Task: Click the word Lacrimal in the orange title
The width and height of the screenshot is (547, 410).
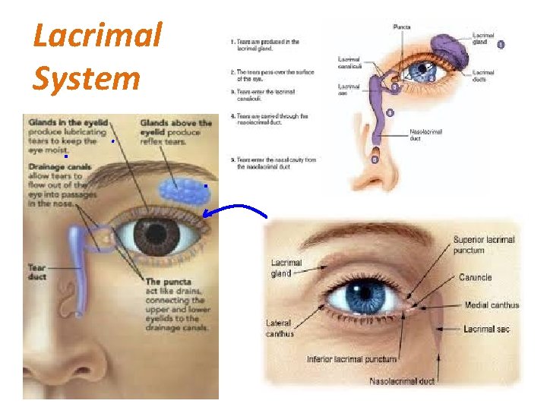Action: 98,36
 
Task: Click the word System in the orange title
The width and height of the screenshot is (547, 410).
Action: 87,77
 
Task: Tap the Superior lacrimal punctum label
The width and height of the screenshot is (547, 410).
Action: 484,244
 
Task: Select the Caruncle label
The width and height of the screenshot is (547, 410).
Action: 476,278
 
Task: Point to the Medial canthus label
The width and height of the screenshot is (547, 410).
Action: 492,305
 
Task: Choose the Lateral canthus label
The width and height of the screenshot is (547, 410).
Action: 280,328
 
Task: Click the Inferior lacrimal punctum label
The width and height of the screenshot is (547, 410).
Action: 352,358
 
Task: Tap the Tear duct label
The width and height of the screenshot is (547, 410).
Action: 37,272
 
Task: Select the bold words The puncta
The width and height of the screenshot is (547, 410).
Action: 172,282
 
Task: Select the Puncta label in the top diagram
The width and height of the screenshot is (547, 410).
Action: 403,27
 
